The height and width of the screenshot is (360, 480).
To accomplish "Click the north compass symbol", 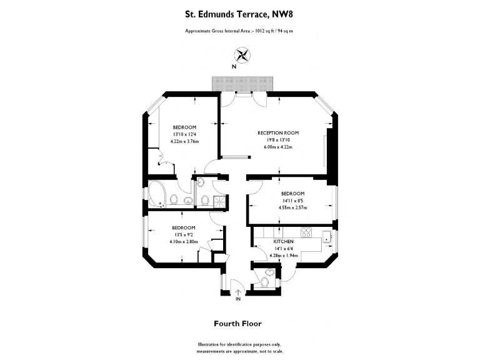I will click(238, 54).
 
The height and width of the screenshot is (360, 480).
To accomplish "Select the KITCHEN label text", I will click(283, 241).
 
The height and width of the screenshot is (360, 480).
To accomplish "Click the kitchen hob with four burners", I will click(306, 232).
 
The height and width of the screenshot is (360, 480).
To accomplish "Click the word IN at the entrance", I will click(238, 299).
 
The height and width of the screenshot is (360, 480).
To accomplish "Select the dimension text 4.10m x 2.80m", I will click(184, 241).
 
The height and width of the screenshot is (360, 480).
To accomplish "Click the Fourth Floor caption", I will click(237, 324).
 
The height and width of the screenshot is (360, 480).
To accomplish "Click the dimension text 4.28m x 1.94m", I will click(283, 255).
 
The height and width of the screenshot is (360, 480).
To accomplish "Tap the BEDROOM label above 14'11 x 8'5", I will click(292, 194).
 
